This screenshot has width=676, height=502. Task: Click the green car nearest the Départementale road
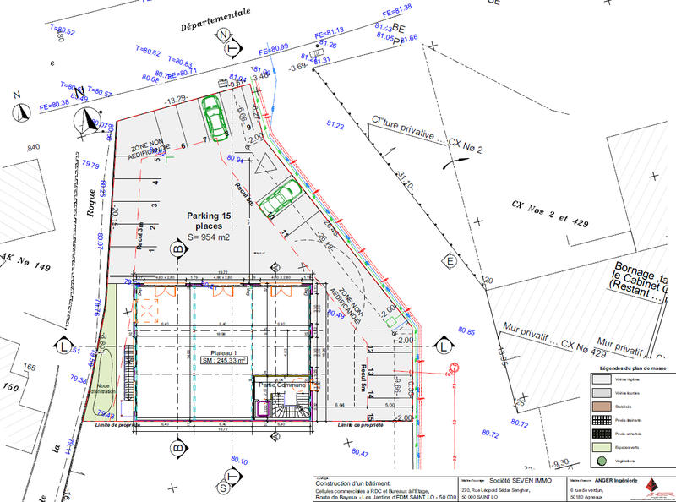pyautogui.click(x=214, y=118)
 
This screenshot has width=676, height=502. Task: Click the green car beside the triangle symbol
pyautogui.click(x=277, y=197)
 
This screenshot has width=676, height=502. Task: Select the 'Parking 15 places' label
pyautogui.click(x=209, y=222)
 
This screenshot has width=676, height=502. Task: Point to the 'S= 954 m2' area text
pyautogui.click(x=207, y=238)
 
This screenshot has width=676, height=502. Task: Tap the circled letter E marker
pyautogui.click(x=450, y=260)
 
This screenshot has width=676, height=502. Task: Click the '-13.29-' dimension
pyautogui.click(x=176, y=100)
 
